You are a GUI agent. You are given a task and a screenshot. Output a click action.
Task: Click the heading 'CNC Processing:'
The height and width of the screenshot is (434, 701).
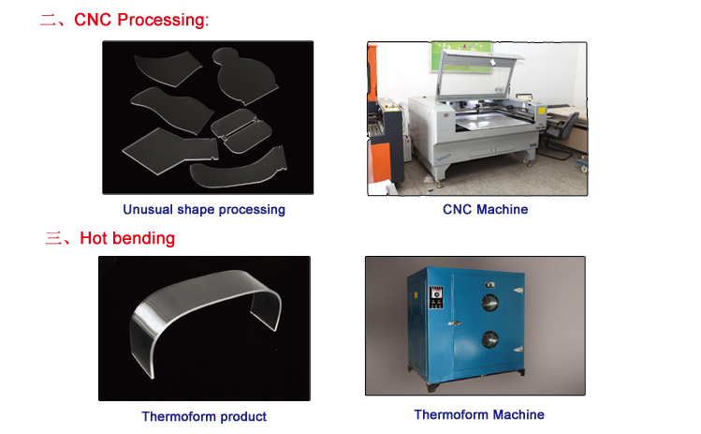[141, 20]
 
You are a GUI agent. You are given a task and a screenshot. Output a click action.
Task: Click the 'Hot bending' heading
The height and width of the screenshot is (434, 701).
[127, 238]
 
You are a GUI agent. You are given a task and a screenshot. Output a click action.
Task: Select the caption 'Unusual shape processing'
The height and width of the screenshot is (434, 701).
[204, 210]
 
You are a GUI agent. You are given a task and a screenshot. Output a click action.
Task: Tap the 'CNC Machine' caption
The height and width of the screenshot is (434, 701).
[485, 210]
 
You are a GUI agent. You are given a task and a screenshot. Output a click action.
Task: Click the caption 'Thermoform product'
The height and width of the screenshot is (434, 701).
[204, 416]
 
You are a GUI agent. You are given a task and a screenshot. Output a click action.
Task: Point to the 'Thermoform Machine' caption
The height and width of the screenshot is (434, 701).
[479, 414]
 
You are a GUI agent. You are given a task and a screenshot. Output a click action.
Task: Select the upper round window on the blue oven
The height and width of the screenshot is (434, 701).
[490, 303]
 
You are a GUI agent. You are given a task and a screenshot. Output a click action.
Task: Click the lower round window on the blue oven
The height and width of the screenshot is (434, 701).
[490, 340]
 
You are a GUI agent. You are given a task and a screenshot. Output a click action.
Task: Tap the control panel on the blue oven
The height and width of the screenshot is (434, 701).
[436, 297]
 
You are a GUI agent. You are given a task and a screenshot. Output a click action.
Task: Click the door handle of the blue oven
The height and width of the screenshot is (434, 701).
[456, 323]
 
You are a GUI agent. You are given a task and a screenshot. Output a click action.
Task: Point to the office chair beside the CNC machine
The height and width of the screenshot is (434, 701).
[559, 135]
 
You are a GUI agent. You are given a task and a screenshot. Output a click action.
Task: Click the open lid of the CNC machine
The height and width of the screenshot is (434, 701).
[480, 74]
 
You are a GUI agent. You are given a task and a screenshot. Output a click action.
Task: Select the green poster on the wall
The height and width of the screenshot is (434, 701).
[460, 56]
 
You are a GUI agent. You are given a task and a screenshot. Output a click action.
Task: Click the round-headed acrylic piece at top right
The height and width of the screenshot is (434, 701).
[242, 75]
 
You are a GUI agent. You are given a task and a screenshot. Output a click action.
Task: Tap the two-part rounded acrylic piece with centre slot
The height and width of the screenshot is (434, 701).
[241, 131]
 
